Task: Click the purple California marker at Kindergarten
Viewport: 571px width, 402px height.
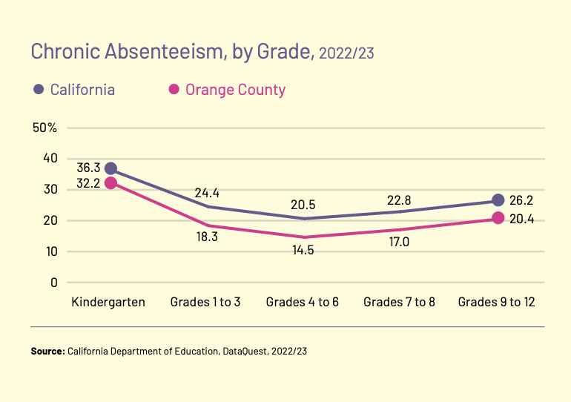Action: (110, 168)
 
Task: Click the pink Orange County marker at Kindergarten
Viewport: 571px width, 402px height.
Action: (110, 183)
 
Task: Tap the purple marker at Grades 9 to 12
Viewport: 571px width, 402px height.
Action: (498, 200)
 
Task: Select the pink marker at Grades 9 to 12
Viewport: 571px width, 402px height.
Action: (498, 218)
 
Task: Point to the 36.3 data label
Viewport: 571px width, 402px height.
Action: (88, 168)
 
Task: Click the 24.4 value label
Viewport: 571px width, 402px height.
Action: (207, 193)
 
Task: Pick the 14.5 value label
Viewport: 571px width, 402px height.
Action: (303, 250)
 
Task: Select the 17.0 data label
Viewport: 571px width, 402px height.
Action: (400, 242)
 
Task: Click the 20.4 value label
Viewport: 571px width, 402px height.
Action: (521, 218)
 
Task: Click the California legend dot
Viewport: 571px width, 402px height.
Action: (39, 90)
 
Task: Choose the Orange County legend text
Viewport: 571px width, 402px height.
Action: (235, 90)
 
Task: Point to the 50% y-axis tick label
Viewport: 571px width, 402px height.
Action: (45, 128)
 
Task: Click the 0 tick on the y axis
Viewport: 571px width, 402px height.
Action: (53, 282)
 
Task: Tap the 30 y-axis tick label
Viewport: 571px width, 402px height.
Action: (50, 189)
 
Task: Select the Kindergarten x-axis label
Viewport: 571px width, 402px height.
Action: (108, 302)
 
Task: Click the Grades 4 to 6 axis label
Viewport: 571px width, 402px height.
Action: (303, 302)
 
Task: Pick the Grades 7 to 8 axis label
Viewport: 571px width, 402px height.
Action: (399, 302)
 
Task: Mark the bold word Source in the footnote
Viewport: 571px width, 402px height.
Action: (47, 350)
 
